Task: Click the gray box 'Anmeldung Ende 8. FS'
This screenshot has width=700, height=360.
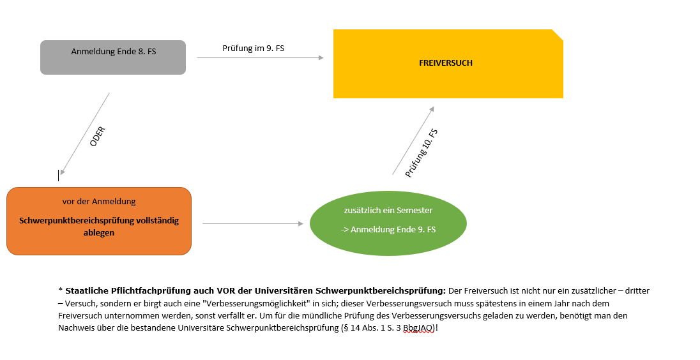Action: click(x=113, y=58)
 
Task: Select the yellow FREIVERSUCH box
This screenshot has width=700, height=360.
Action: click(x=447, y=64)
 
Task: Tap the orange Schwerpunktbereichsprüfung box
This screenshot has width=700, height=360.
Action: click(x=99, y=221)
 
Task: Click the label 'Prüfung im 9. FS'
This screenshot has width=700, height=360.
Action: click(x=253, y=48)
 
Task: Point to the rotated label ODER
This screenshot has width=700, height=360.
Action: click(x=97, y=136)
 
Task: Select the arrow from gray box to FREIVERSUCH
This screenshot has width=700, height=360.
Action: click(x=260, y=58)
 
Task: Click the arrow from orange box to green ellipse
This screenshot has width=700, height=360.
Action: click(x=252, y=224)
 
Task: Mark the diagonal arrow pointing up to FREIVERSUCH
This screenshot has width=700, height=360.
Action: click(x=413, y=140)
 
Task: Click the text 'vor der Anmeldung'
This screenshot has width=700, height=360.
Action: click(x=99, y=202)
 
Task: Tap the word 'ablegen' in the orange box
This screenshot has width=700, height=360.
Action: click(x=99, y=233)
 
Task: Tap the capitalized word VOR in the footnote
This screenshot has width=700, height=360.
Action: click(x=241, y=291)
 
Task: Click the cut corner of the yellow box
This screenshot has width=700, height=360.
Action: click(x=558, y=34)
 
